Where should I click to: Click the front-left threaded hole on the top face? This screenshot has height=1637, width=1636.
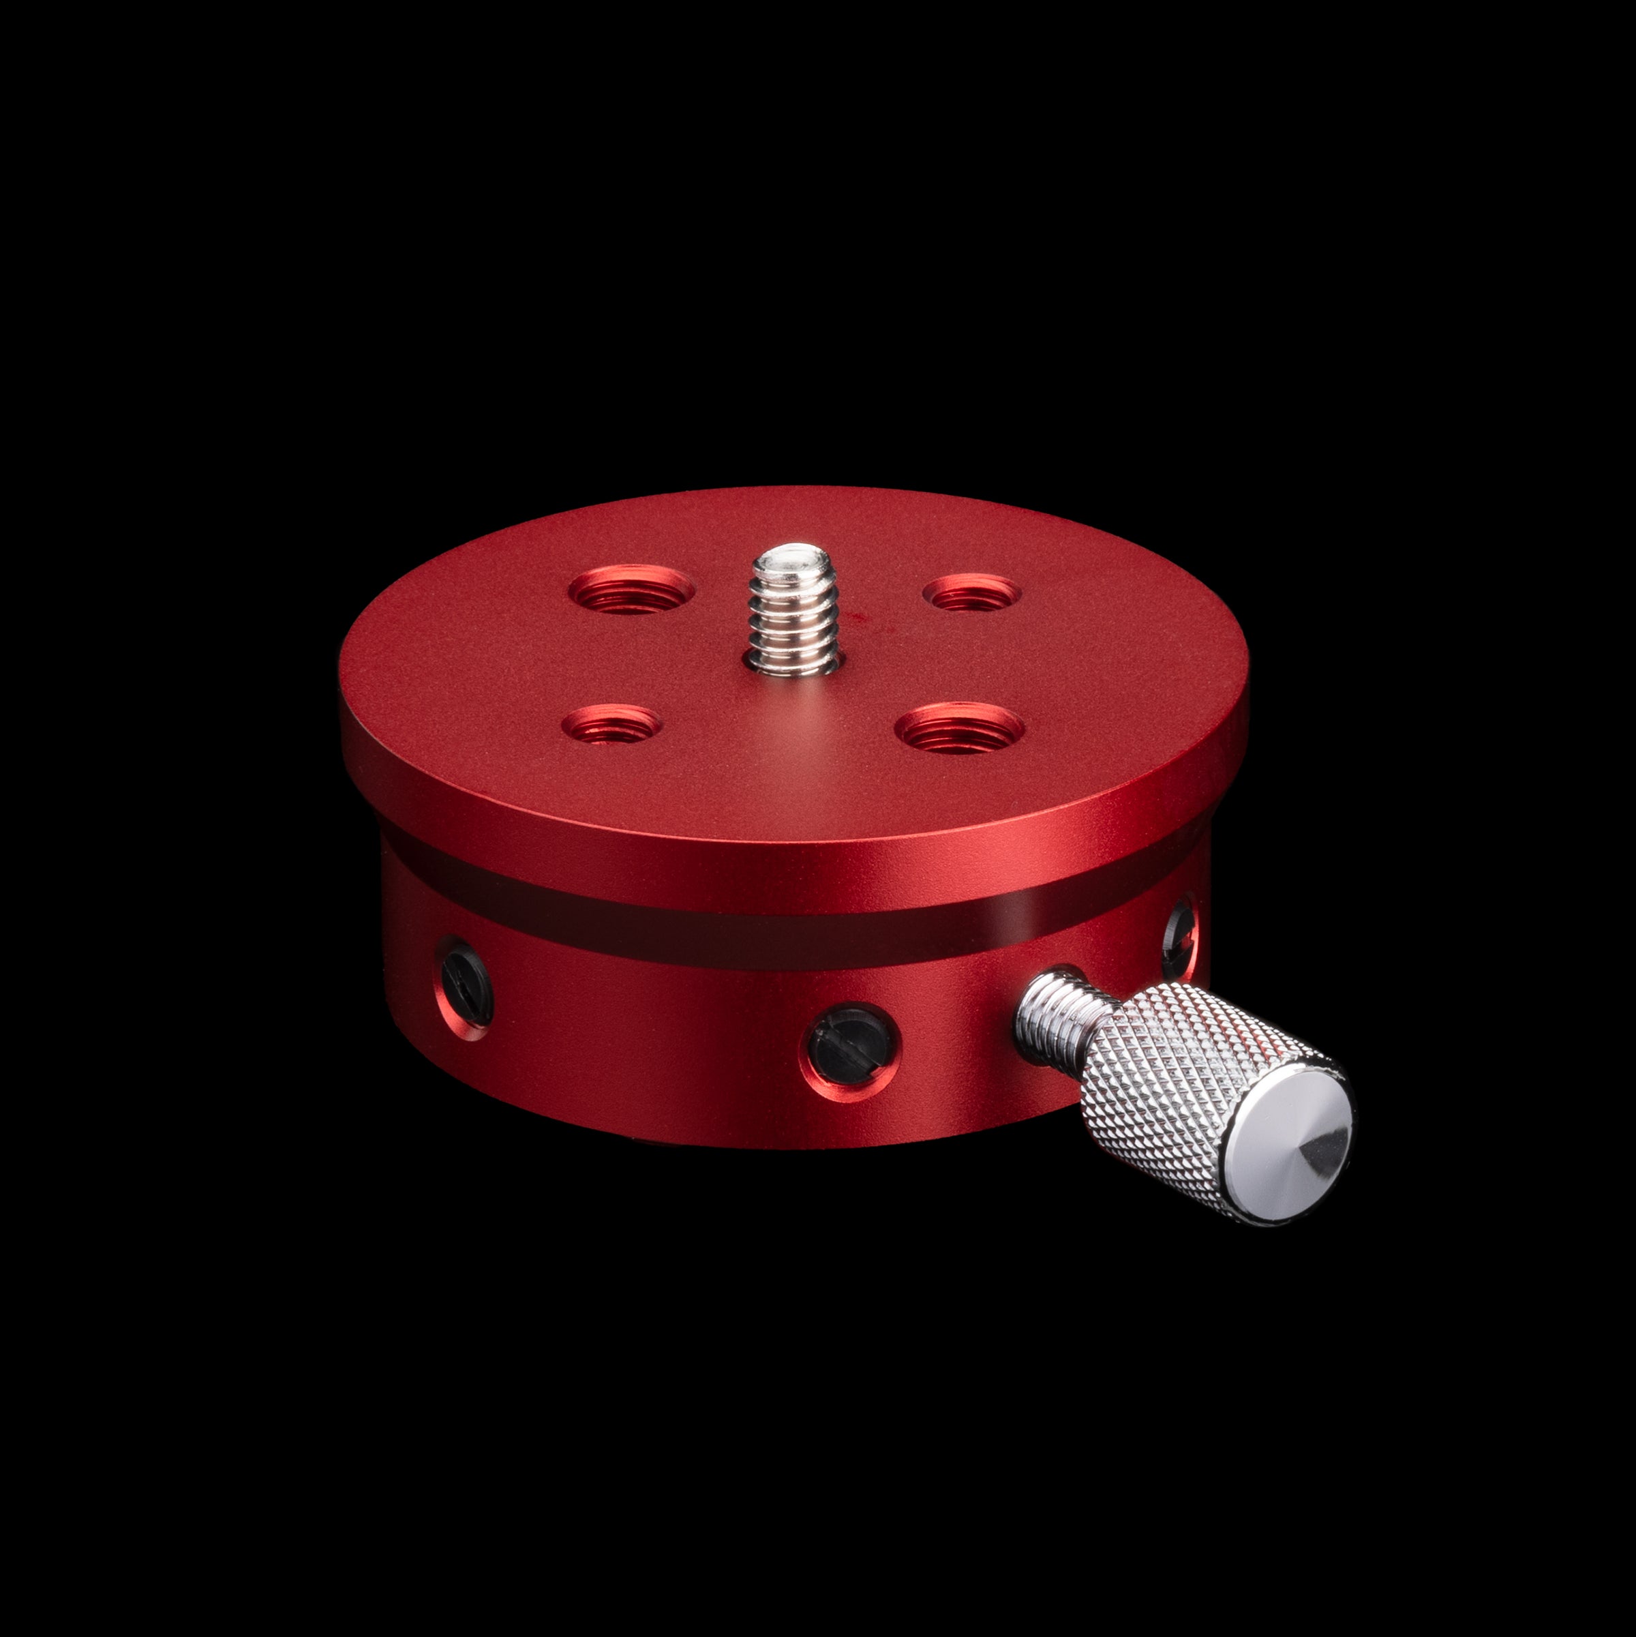pyautogui.click(x=611, y=725)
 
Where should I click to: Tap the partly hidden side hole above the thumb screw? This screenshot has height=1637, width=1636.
pyautogui.click(x=1179, y=932)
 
